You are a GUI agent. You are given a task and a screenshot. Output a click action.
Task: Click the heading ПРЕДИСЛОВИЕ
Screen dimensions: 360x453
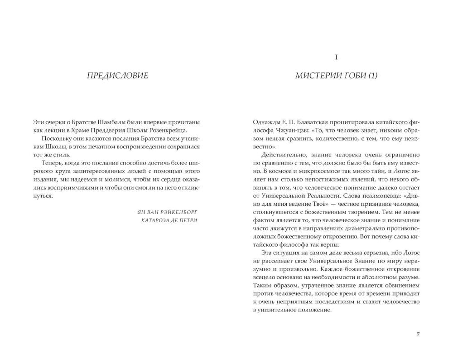tap(117, 75)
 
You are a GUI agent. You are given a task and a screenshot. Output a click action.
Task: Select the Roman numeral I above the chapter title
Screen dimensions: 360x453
tap(336, 57)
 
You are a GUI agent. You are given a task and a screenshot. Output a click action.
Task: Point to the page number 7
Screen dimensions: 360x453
tap(418, 335)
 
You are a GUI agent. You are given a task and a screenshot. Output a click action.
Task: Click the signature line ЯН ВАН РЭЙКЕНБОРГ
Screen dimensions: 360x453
tap(167, 212)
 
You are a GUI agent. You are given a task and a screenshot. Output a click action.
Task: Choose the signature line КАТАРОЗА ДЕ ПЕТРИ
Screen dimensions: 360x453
tap(169, 221)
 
